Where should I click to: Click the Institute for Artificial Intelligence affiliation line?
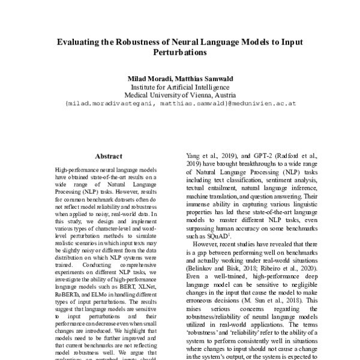tap(180, 86)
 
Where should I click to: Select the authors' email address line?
tap(180, 103)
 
